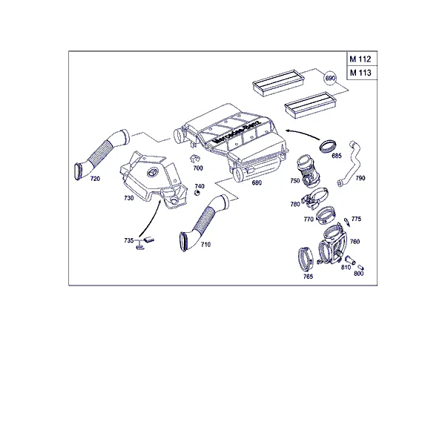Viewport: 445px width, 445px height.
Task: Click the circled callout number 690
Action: click(x=330, y=78)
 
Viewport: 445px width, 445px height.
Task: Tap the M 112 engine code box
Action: click(x=362, y=59)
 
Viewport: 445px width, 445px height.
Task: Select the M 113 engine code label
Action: click(x=360, y=73)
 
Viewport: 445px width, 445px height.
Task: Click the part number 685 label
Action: click(x=337, y=156)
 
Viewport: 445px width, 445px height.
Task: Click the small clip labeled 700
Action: click(x=194, y=159)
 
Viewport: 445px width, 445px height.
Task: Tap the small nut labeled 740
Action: click(x=197, y=194)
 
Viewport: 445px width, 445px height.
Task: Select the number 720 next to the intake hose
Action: click(x=95, y=179)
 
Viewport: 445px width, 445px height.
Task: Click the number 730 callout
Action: click(x=129, y=198)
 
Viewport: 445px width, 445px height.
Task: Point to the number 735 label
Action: click(x=128, y=240)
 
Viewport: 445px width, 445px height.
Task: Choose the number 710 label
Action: click(x=205, y=244)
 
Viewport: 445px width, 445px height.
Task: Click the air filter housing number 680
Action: click(x=257, y=182)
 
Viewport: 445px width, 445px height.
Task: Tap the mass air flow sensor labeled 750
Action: click(x=307, y=171)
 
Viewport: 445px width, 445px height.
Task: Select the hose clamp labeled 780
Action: click(x=314, y=198)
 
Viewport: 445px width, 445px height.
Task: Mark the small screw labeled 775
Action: click(x=347, y=222)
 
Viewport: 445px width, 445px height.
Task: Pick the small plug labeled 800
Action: click(x=360, y=267)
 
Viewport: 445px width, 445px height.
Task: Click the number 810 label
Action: click(x=346, y=267)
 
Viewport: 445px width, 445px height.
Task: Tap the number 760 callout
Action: click(x=355, y=242)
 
